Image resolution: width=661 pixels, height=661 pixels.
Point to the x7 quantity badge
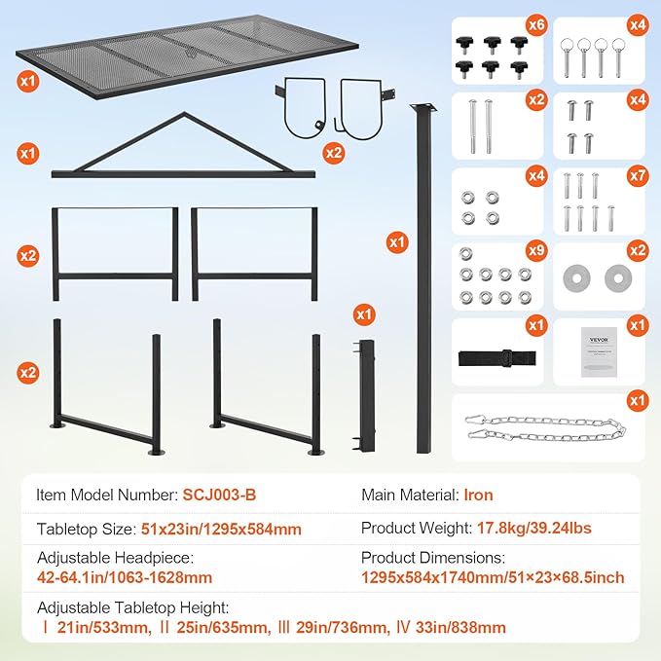(x=636, y=177)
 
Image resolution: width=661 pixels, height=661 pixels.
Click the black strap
(x=496, y=354)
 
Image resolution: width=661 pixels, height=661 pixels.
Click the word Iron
(x=477, y=496)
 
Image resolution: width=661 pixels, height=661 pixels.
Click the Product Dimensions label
(x=433, y=558)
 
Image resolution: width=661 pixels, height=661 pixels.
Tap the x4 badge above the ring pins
(x=636, y=23)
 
